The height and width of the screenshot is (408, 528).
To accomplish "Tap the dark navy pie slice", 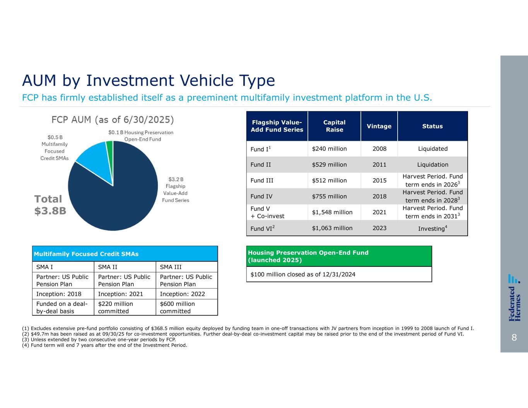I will point(116,197).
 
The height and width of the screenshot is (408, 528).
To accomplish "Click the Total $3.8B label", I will point(50,205).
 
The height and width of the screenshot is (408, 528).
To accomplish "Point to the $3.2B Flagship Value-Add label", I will point(176,190).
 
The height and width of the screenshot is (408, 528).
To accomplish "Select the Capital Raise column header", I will point(334,126).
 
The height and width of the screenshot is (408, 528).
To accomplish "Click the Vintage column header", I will point(379,126).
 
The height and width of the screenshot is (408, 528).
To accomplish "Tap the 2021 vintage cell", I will point(379,212).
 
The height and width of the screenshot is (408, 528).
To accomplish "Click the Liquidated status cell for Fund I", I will point(432,149).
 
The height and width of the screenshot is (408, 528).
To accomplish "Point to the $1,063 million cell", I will point(332,228).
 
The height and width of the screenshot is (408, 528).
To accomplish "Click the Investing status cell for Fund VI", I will point(432,228).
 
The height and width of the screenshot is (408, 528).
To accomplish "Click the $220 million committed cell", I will point(116,307).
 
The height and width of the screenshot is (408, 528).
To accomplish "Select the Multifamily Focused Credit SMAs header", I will point(86,254).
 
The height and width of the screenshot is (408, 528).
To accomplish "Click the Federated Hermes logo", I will point(514,298).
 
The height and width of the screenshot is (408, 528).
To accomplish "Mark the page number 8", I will point(514,338).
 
